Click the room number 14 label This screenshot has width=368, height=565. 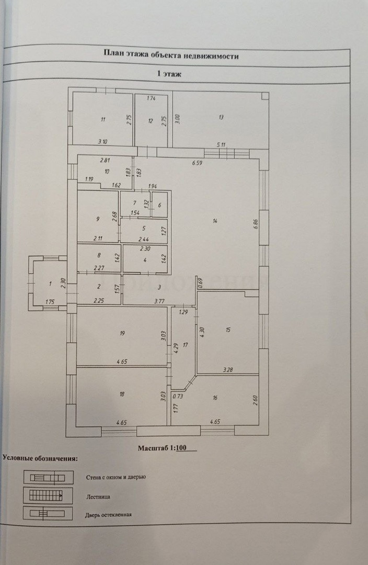215,221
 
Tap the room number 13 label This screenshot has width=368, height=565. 222,117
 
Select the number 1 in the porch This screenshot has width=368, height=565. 50,284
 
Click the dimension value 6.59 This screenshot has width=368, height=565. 197,163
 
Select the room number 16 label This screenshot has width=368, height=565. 215,398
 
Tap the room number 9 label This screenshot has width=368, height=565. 97,220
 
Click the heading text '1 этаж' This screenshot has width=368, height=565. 169,74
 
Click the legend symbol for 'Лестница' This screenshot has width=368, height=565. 44,494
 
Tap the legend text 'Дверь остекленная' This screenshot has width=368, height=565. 108,515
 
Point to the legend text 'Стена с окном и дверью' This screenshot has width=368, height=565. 116,477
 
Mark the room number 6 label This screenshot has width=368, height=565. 159,205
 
